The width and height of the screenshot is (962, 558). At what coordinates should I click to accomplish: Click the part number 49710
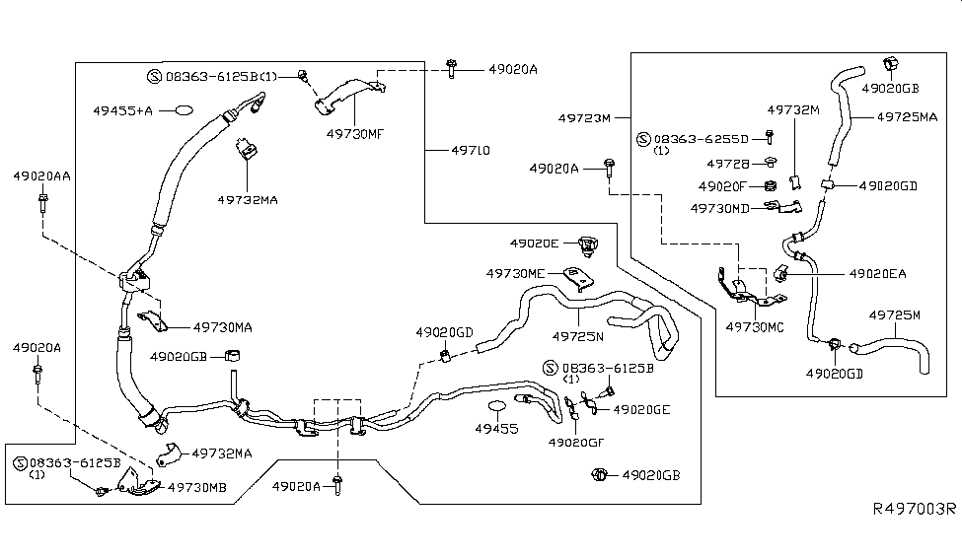click(x=471, y=151)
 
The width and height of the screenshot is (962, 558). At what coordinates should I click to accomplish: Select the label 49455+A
click(x=122, y=110)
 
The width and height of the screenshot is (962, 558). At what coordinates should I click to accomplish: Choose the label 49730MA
click(x=222, y=326)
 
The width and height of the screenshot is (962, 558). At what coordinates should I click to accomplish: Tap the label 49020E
click(x=534, y=243)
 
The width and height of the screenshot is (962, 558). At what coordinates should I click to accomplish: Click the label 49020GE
click(x=641, y=409)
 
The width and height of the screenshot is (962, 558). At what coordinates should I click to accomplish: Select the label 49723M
click(x=586, y=117)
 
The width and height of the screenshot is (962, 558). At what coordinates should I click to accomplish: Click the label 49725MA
click(x=908, y=116)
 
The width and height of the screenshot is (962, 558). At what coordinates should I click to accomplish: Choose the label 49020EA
click(x=877, y=273)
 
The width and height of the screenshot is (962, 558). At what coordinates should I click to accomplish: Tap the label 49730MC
click(x=756, y=326)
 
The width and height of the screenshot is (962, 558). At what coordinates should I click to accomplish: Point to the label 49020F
click(x=721, y=185)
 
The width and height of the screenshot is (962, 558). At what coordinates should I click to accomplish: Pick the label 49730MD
click(x=719, y=209)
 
